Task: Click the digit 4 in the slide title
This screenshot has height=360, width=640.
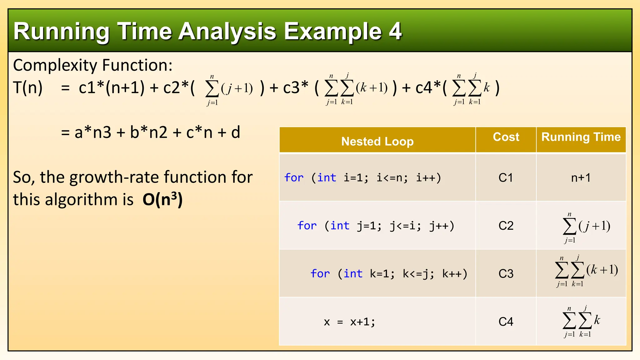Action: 395,31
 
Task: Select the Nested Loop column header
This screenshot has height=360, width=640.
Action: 377,141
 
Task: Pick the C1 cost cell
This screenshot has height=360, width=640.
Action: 506,178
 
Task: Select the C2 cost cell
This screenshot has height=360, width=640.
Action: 506,226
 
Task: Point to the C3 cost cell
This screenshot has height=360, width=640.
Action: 506,274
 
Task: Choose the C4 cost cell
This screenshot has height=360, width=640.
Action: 506,322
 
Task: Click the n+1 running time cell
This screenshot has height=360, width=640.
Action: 581,178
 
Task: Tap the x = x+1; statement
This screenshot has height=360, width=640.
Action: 349,322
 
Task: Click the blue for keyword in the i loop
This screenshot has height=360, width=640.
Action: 294,178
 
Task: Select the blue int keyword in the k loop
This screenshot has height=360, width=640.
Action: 353,274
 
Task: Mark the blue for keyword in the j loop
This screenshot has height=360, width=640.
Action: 307,226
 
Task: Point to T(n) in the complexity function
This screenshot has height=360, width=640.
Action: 28,87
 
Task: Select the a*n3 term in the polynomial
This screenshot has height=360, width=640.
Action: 93,132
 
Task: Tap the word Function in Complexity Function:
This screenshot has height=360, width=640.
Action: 137,65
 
